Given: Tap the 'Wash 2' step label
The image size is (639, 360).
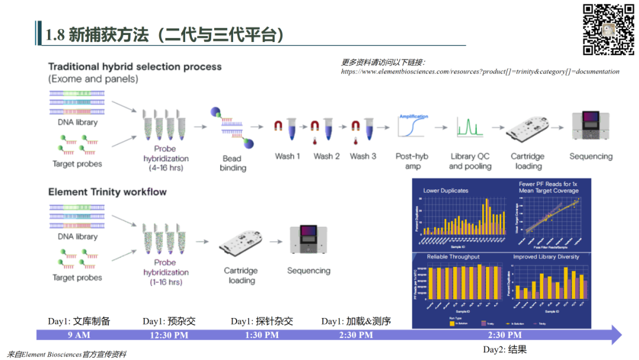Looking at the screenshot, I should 327,156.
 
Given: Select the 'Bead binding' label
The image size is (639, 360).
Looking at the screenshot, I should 233,163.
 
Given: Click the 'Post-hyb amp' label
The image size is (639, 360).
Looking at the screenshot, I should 412,161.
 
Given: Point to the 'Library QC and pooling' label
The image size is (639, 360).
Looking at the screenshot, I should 470,161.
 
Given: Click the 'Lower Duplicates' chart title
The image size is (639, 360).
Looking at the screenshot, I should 446,191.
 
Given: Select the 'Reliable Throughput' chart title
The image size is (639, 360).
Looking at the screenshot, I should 453,257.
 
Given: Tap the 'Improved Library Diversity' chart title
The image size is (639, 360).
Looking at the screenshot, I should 546,257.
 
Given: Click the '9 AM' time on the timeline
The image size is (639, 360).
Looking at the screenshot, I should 79,335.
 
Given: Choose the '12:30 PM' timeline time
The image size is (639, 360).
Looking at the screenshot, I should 169,335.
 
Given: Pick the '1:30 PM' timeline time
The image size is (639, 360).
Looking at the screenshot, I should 262,335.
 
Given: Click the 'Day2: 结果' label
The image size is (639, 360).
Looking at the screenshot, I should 505,349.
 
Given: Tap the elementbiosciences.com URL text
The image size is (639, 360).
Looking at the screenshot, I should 480,72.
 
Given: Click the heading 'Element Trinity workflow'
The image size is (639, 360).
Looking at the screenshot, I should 107,192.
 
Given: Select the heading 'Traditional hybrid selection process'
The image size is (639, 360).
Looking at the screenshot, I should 135,67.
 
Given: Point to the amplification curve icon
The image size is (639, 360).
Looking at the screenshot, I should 413,126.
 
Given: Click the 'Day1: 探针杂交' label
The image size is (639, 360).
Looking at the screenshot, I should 262,321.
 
